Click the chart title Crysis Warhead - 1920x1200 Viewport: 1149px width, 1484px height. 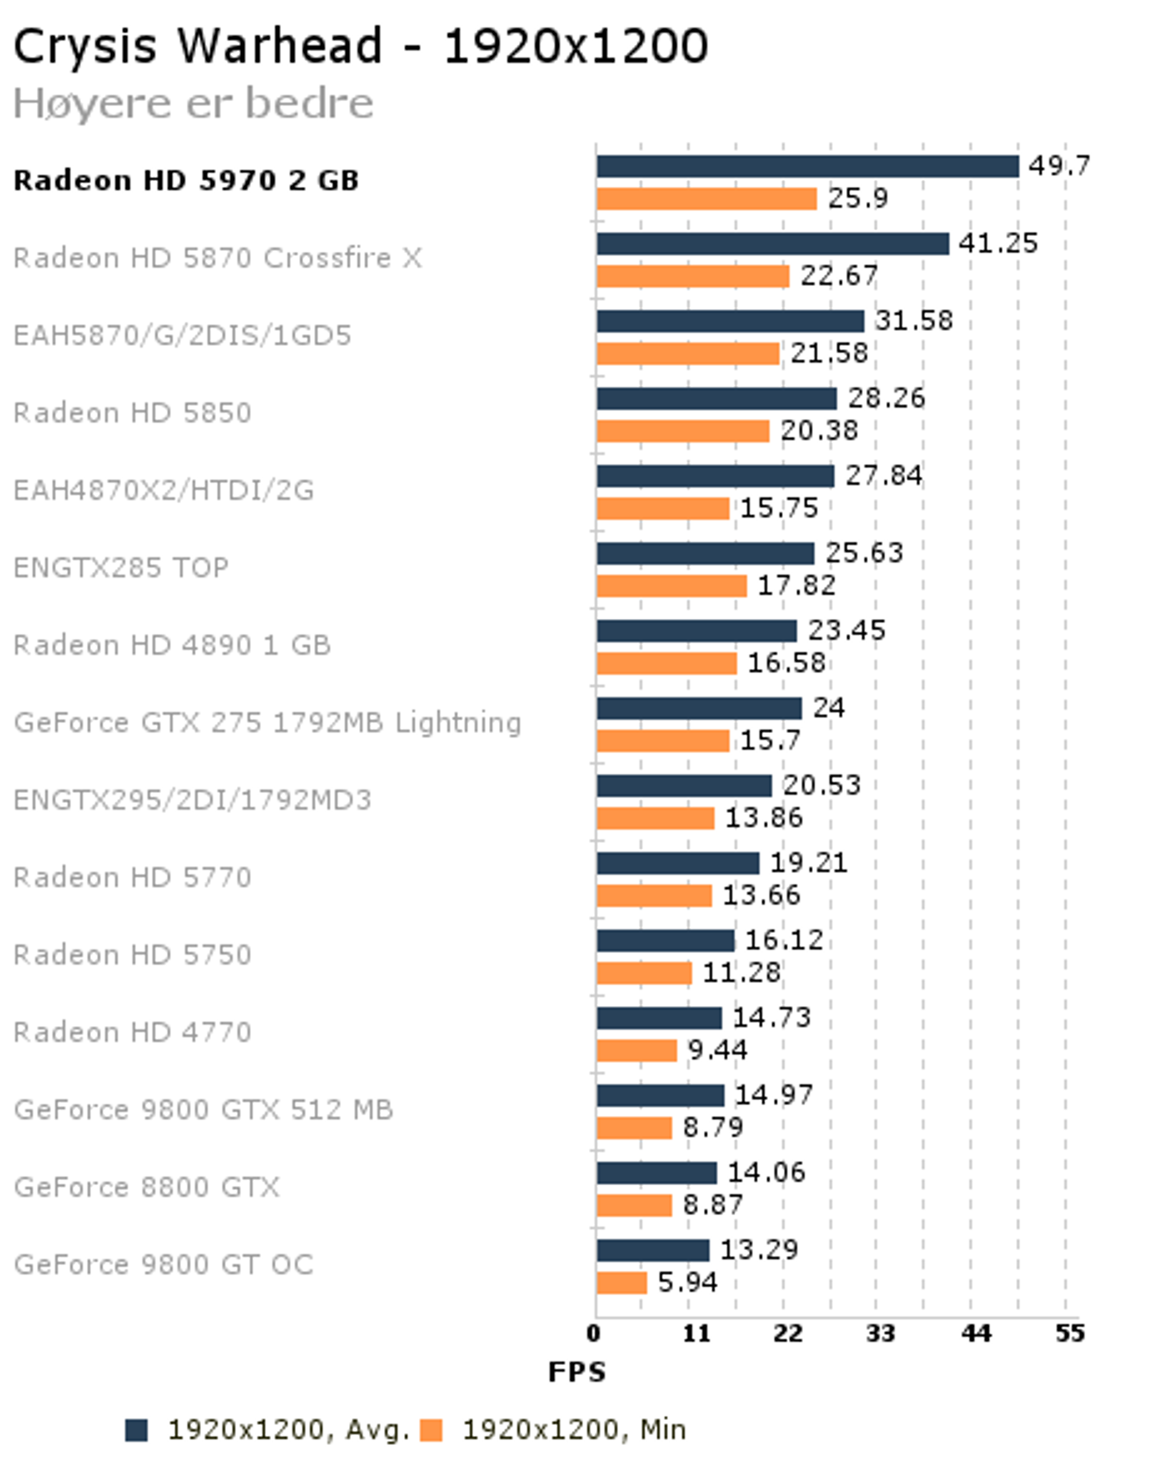pos(360,46)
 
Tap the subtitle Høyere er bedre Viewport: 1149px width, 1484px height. pos(194,103)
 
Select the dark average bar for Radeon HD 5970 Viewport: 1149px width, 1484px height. pos(807,167)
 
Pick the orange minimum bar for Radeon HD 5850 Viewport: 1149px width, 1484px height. pos(683,431)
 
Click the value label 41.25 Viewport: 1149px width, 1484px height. pos(998,243)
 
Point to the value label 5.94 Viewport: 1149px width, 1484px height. pos(687,1282)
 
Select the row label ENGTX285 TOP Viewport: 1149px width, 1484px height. pos(121,568)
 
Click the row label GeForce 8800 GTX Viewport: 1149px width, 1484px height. pos(146,1187)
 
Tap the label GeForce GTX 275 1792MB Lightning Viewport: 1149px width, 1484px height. pos(268,722)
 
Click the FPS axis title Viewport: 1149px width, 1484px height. pos(577,1372)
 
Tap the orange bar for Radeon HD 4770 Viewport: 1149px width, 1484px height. pos(637,1050)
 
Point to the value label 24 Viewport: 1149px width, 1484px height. pos(828,708)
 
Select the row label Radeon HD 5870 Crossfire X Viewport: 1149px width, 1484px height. pos(217,258)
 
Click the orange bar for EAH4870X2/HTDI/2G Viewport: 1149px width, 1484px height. pos(663,508)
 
